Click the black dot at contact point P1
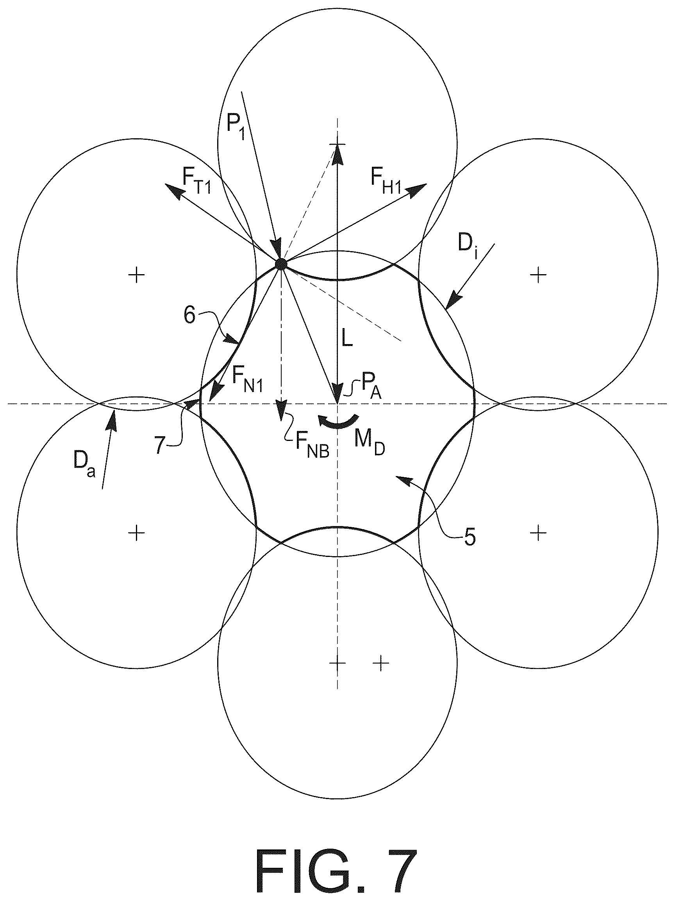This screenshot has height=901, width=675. coord(281,264)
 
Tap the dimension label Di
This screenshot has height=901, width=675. coord(467,246)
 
